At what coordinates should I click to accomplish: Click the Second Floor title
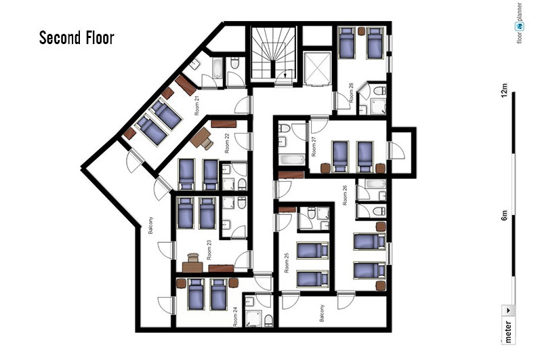(77, 37)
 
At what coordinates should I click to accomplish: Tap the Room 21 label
(196, 106)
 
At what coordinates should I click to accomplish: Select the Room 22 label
(227, 143)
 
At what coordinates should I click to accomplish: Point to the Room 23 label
(209, 250)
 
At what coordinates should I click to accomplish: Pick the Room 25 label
(287, 263)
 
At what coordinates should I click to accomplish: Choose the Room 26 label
(345, 195)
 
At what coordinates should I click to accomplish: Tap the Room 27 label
(314, 146)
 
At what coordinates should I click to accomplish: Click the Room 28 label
(351, 93)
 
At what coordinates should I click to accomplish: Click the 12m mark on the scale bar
(504, 90)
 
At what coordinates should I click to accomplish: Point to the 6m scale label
(504, 216)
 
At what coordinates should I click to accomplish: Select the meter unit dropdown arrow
(508, 311)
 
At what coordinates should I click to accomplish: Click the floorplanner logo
(519, 22)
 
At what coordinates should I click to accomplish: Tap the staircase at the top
(274, 54)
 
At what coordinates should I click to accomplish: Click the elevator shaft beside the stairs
(317, 68)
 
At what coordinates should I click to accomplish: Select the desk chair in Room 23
(193, 258)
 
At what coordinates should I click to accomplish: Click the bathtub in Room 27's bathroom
(292, 159)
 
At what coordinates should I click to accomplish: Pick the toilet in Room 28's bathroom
(379, 91)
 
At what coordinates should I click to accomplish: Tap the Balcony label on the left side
(150, 226)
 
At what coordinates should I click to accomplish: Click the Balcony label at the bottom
(322, 313)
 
